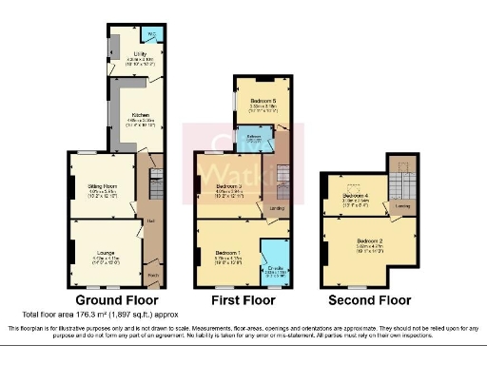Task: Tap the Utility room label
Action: pos(139,56)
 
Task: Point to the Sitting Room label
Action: pos(99,187)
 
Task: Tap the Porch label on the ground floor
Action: pos(153,278)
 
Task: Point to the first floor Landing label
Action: pos(275,207)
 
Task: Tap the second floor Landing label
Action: pos(402,203)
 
